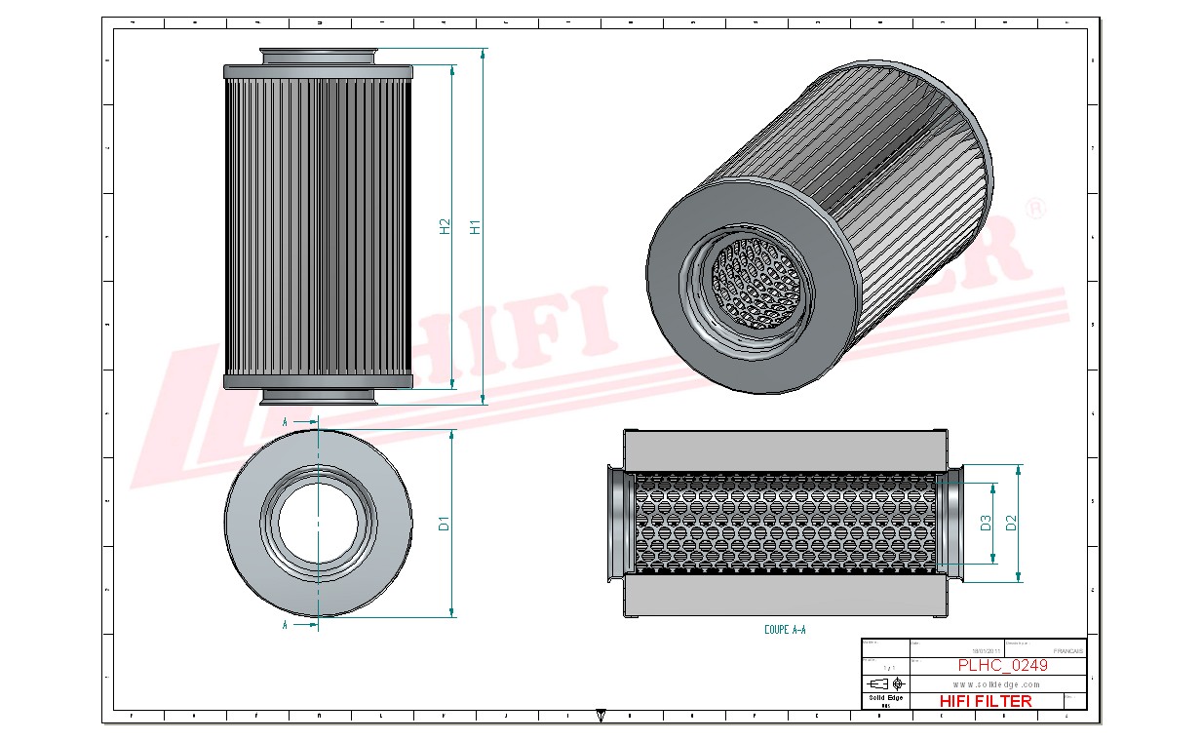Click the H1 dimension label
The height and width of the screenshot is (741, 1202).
pyautogui.click(x=476, y=226)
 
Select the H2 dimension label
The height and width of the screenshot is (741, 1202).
pyautogui.click(x=445, y=226)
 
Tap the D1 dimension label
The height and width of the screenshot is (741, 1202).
pyautogui.click(x=445, y=523)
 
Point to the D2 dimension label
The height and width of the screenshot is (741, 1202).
pyautogui.click(x=1011, y=523)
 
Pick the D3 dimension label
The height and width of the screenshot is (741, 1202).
pyautogui.click(x=985, y=523)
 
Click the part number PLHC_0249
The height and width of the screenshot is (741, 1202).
pyautogui.click(x=1002, y=665)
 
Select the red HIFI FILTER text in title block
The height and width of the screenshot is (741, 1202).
pyautogui.click(x=985, y=701)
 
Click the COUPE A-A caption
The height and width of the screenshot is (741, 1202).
pyautogui.click(x=785, y=631)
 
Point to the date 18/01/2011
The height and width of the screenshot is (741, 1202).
pyautogui.click(x=987, y=650)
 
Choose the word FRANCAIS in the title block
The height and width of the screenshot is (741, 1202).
pyautogui.click(x=1068, y=650)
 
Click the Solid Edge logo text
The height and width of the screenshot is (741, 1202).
pyautogui.click(x=886, y=698)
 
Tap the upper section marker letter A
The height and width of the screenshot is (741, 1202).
pyautogui.click(x=285, y=422)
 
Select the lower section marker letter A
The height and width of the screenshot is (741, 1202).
pyautogui.click(x=285, y=624)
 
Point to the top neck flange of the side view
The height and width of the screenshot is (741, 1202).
pyautogui.click(x=319, y=56)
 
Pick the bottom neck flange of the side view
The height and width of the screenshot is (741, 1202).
pyautogui.click(x=319, y=396)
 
